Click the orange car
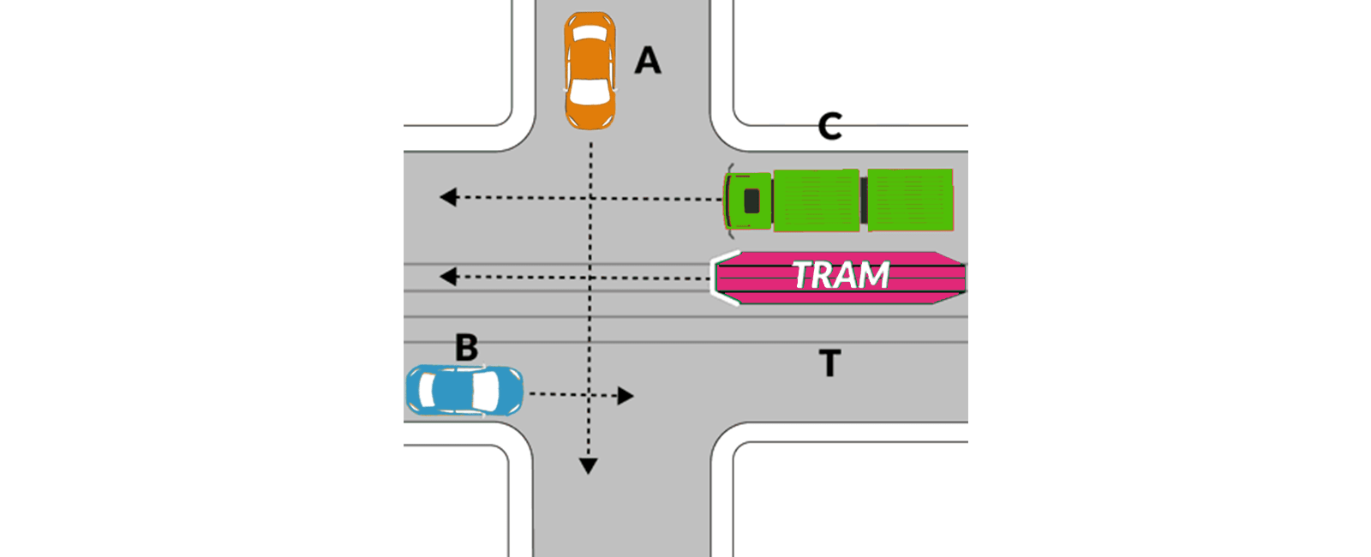(590, 70)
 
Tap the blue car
(464, 391)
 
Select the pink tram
(840, 278)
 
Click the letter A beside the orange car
(648, 61)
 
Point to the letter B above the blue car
(466, 348)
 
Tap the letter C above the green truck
(829, 127)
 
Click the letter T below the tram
(829, 363)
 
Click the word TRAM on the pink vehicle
(840, 275)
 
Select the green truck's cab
(748, 201)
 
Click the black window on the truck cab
(751, 201)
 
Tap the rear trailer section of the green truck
(910, 201)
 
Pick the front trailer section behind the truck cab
(816, 201)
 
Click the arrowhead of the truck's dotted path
(447, 197)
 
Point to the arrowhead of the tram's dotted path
(447, 276)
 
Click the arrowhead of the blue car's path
(626, 395)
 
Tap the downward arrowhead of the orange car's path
(588, 466)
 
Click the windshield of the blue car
(484, 391)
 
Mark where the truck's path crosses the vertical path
(590, 198)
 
